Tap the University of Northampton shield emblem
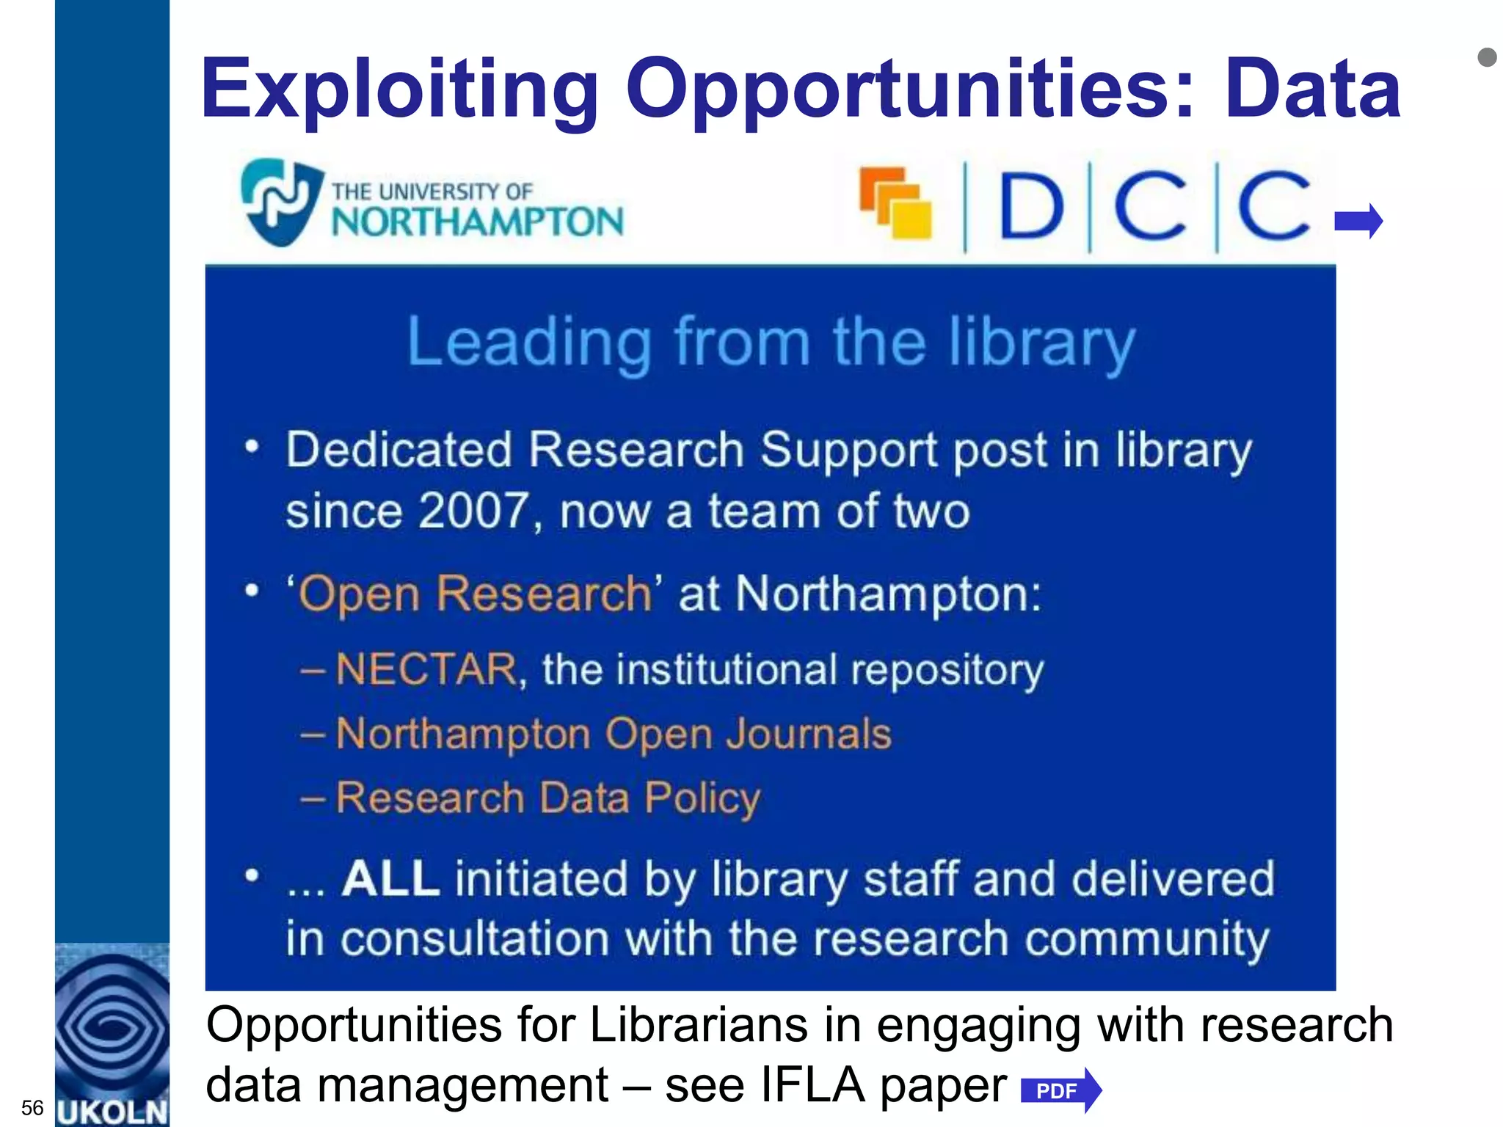point(280,202)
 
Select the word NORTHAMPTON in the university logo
point(477,222)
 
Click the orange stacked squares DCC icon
point(895,203)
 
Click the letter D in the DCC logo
point(1031,206)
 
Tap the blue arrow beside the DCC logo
point(1358,221)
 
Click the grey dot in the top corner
point(1487,57)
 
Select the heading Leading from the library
point(771,343)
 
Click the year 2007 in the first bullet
point(474,511)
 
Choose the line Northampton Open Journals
point(613,734)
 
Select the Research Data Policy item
point(547,798)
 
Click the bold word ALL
point(390,878)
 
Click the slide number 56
point(32,1107)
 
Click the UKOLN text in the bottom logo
point(112,1112)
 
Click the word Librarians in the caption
point(698,1025)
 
